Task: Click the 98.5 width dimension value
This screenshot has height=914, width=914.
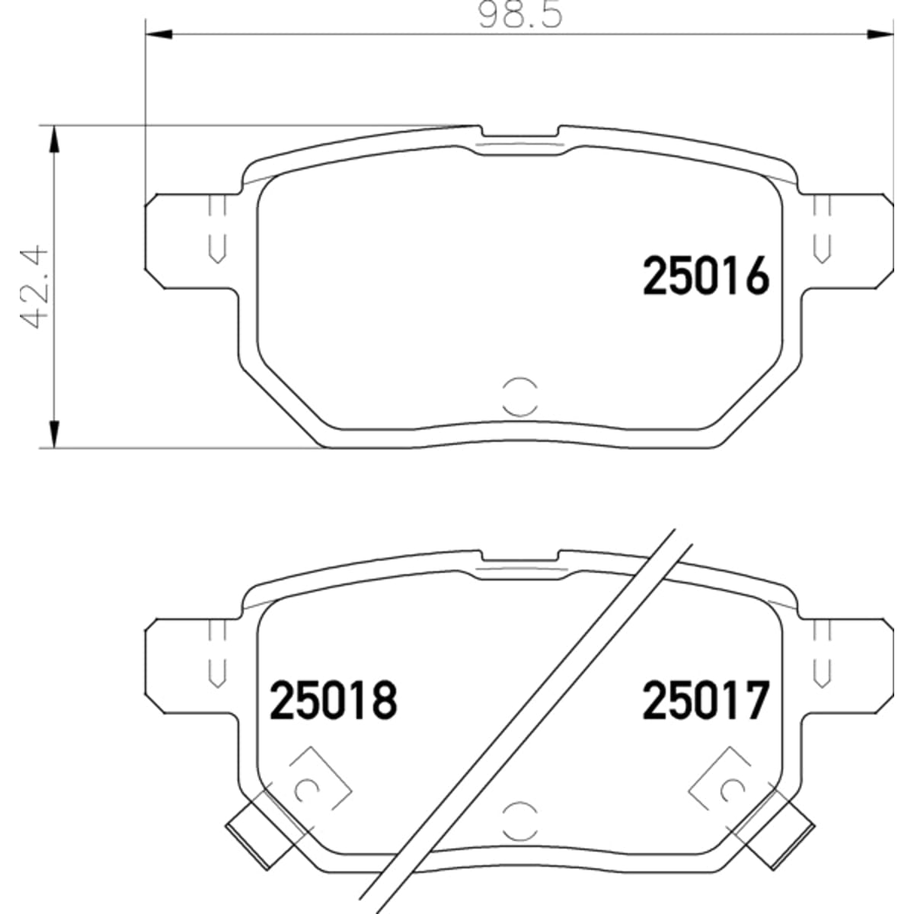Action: click(521, 15)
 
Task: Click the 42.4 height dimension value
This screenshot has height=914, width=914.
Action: click(36, 286)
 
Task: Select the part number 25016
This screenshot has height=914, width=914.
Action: click(706, 275)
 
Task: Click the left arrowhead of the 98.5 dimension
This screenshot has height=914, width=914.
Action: click(158, 34)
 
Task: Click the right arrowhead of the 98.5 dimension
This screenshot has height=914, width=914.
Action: click(880, 34)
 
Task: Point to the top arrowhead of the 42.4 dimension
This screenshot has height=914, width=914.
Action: click(55, 139)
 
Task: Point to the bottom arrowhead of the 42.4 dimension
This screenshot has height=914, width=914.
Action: click(55, 434)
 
